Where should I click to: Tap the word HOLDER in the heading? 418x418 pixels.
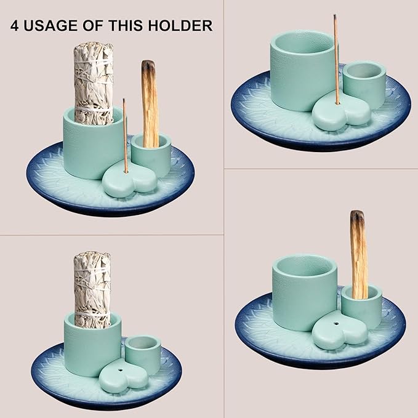point(180,26)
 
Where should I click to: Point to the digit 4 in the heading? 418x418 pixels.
point(15,26)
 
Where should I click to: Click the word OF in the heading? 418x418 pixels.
point(93,26)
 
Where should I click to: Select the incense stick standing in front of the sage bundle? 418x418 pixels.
point(125,135)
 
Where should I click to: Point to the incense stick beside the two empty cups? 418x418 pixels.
point(336,59)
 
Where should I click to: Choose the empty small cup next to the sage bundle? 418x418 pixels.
point(143,352)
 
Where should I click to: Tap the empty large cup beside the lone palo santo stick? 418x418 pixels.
point(305,291)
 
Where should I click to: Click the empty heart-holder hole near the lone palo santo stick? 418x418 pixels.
point(337,324)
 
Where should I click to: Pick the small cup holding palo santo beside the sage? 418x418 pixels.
point(151,155)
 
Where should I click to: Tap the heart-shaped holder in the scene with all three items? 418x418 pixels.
point(129,180)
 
